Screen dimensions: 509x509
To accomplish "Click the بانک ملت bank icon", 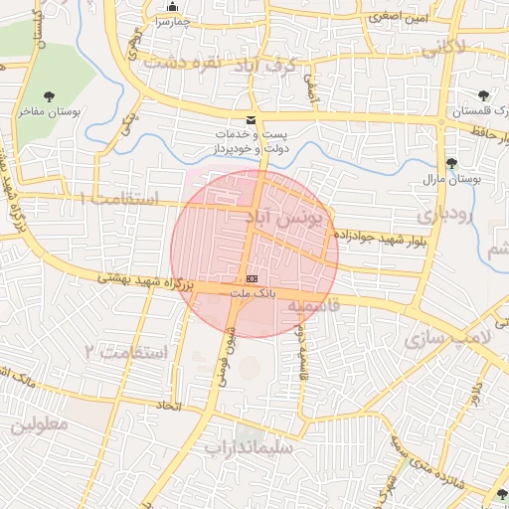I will tap(252, 279).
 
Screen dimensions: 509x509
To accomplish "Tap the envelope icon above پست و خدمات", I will tap(251, 119).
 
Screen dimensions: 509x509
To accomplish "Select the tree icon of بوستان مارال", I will tap(451, 163).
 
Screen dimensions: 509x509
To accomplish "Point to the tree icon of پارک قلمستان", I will tap(483, 96).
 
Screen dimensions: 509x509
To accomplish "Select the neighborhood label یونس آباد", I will tap(283, 218).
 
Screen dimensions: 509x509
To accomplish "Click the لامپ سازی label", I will tap(447, 338).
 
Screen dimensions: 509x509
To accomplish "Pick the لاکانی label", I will tap(442, 47).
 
